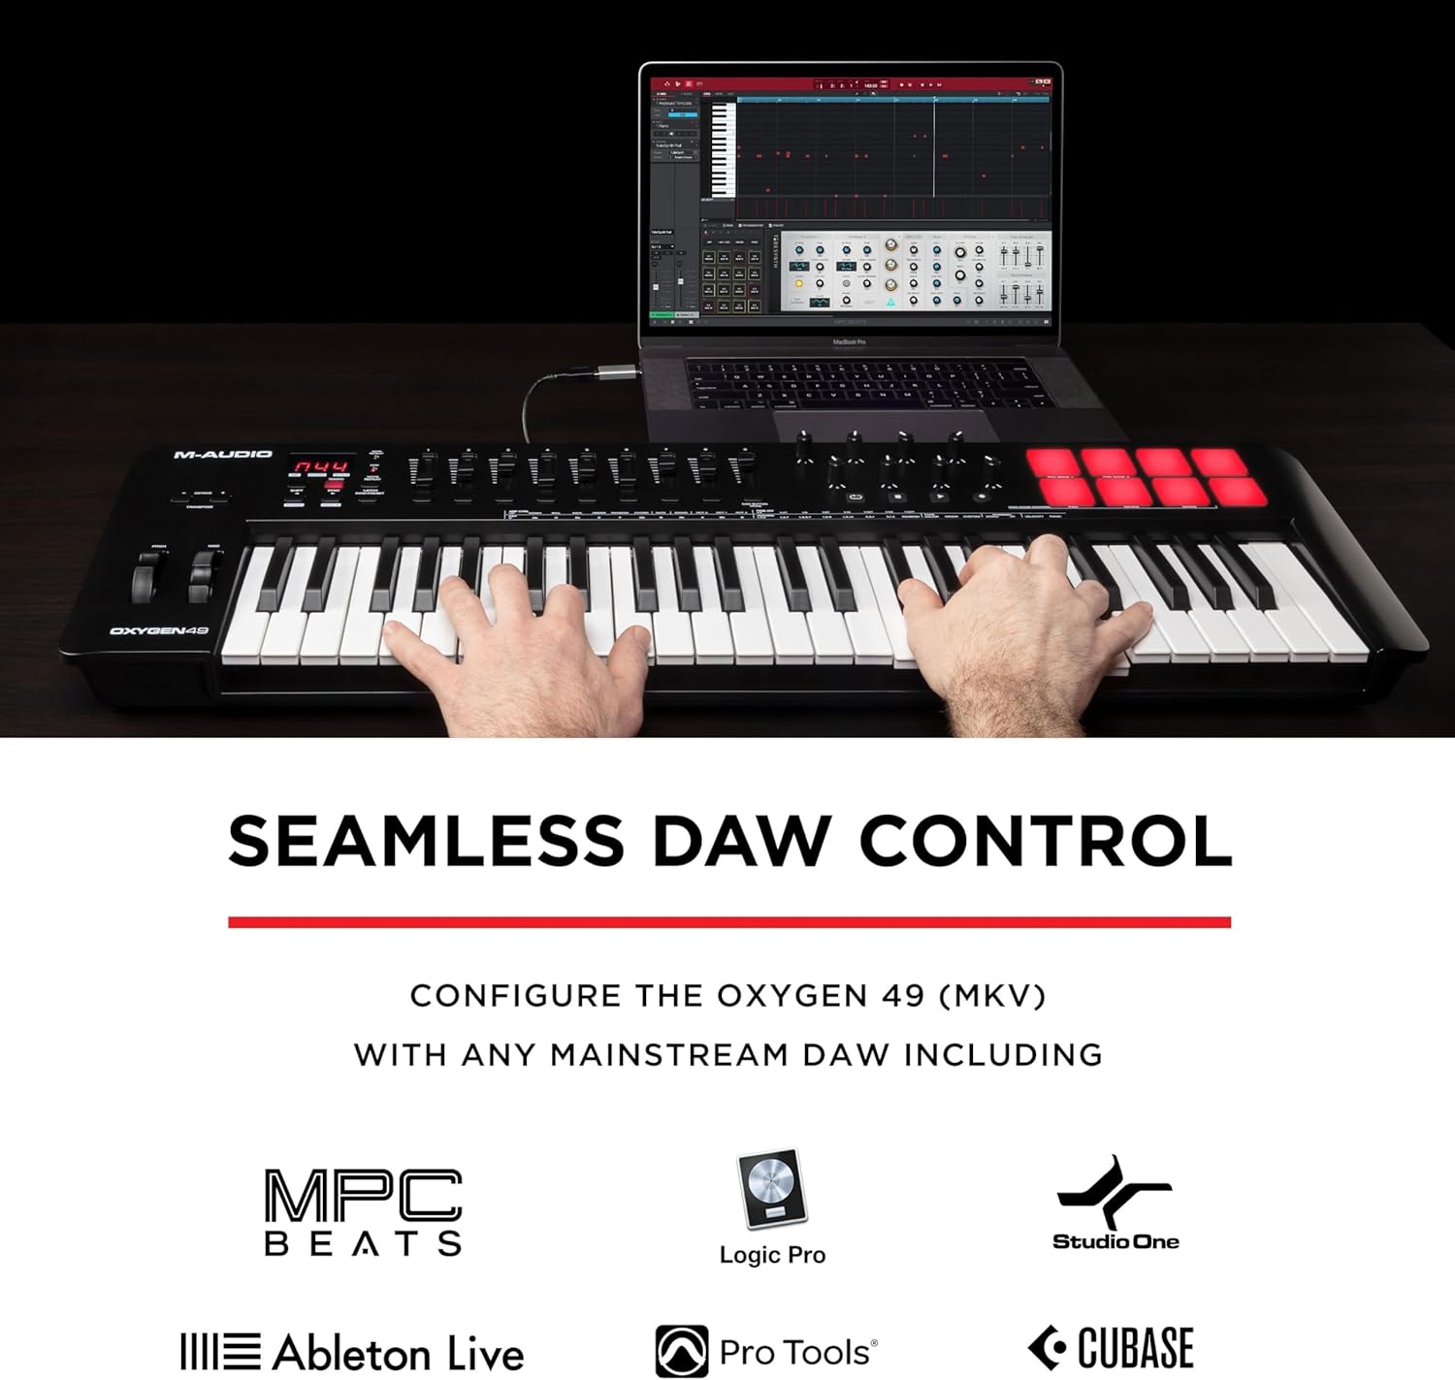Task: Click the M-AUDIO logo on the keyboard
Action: click(222, 454)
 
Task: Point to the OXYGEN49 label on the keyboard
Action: click(159, 631)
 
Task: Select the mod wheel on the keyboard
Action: click(202, 578)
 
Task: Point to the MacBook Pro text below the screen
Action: click(849, 342)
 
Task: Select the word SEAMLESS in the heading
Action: click(426, 841)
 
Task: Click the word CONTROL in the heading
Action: click(1045, 841)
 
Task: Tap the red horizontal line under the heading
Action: click(728, 922)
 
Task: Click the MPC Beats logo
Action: click(363, 1212)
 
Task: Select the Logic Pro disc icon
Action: click(772, 1189)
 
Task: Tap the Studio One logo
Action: click(1115, 1203)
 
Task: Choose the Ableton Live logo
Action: click(352, 1352)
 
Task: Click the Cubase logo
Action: click(1111, 1348)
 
